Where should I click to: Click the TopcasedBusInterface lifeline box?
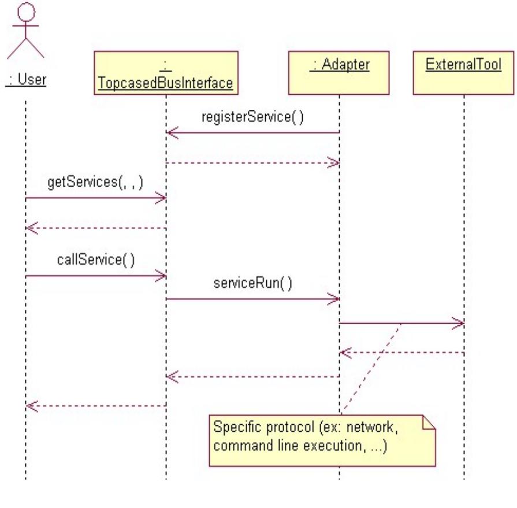coord(166,73)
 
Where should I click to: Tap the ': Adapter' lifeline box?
coord(339,73)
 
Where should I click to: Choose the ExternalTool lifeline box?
coord(464,73)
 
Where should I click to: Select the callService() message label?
coord(96,259)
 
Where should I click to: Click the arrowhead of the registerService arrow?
coord(171,133)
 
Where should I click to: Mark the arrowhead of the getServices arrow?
coord(161,199)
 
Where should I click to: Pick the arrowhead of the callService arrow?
coord(161,276)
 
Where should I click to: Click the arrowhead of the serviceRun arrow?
coord(334,299)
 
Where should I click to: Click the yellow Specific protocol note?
coord(321,440)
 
